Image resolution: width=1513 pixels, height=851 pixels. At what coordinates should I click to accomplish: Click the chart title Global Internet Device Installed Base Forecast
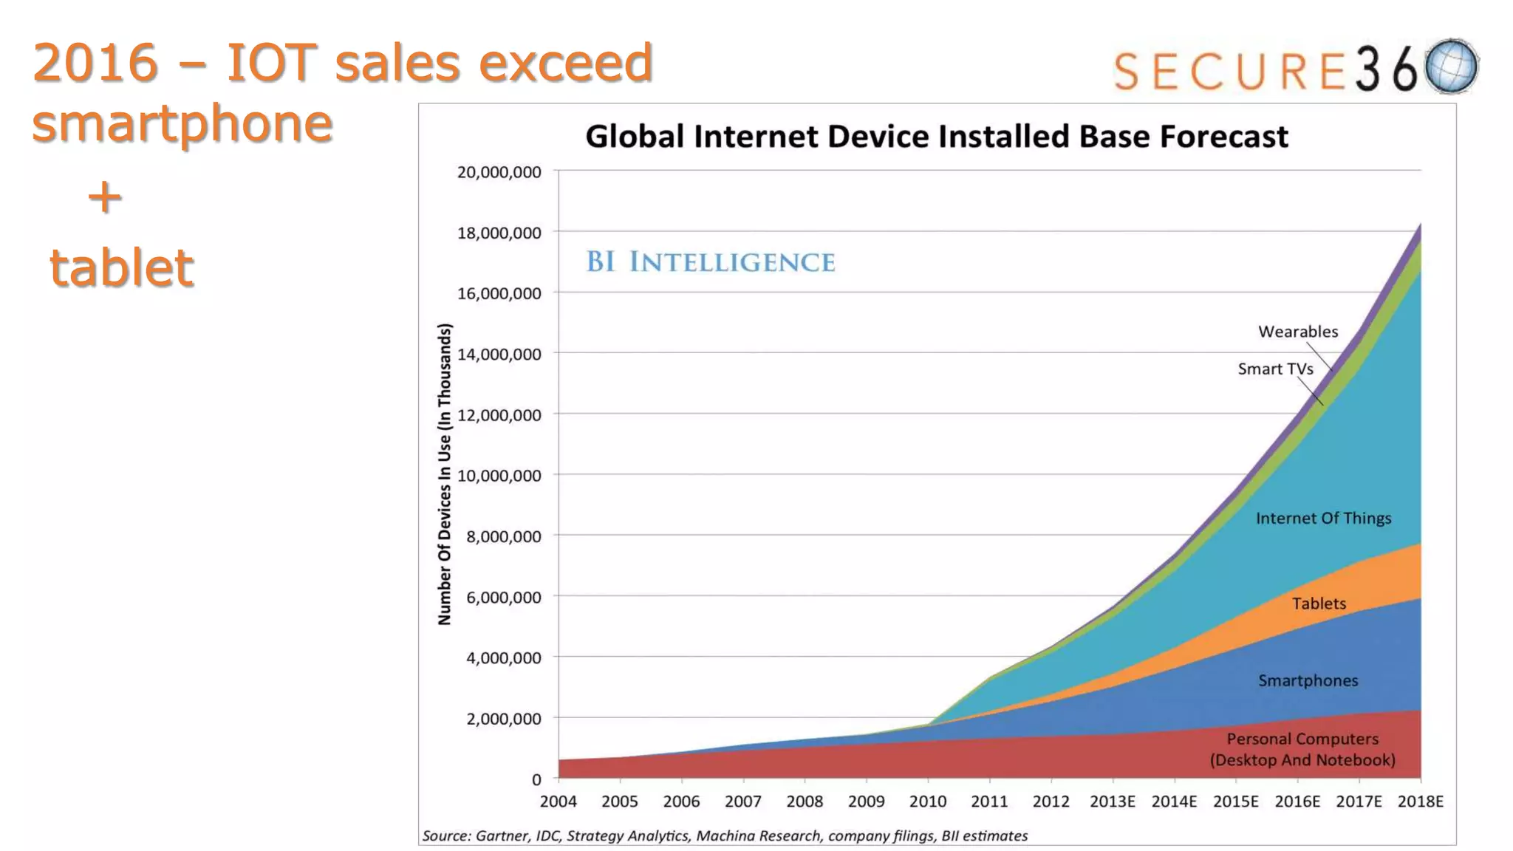click(x=936, y=137)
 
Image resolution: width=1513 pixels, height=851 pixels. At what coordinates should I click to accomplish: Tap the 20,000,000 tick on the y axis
click(x=499, y=172)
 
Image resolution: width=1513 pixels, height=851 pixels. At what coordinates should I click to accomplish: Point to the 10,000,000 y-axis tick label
click(x=499, y=476)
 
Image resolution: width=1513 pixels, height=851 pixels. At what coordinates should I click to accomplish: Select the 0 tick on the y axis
click(x=536, y=779)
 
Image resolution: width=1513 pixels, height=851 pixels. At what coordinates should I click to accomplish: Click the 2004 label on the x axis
click(x=559, y=802)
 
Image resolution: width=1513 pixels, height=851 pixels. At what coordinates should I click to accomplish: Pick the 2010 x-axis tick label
click(x=928, y=802)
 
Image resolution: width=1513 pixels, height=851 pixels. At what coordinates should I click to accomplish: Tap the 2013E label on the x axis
click(x=1113, y=802)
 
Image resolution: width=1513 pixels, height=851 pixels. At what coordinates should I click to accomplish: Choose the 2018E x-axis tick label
click(x=1420, y=802)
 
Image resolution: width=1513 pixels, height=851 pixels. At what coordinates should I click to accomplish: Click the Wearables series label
click(x=1298, y=332)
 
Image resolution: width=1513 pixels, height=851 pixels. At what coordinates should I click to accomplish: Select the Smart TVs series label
click(x=1275, y=369)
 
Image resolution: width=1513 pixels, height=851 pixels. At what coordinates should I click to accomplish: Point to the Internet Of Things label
click(x=1323, y=518)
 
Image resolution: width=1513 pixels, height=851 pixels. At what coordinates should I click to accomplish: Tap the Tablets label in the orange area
click(x=1319, y=604)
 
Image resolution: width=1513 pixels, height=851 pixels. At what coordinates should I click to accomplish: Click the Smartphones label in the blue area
click(x=1308, y=680)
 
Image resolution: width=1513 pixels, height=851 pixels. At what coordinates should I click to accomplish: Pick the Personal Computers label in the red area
click(x=1302, y=749)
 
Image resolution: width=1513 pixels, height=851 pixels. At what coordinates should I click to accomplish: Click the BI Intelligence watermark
click(x=710, y=262)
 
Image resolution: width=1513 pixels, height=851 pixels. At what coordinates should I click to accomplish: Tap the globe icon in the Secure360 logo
click(x=1451, y=66)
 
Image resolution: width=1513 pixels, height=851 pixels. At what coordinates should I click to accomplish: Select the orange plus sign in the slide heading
click(x=105, y=196)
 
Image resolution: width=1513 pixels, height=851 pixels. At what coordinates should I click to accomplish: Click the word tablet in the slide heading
click(x=122, y=267)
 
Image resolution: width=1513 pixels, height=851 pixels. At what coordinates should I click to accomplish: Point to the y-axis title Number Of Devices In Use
click(x=444, y=474)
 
